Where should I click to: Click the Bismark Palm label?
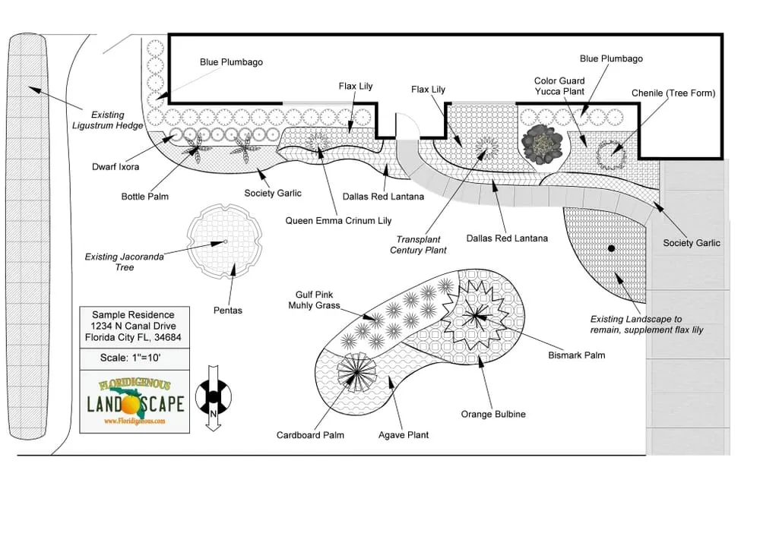[x=576, y=355]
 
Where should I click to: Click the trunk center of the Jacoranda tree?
[x=225, y=242]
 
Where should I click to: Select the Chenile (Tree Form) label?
[x=673, y=93]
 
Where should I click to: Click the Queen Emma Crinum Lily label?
[x=338, y=221]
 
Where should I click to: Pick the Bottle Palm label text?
[x=144, y=197]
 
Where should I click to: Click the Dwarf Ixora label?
[x=116, y=167]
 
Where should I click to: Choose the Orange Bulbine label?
[x=492, y=415]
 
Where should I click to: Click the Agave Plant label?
[x=404, y=435]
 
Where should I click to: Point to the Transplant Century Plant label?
[x=418, y=244]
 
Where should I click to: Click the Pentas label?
[x=227, y=311]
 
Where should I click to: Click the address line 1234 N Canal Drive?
[x=133, y=326]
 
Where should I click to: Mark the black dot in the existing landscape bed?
[x=610, y=248]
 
